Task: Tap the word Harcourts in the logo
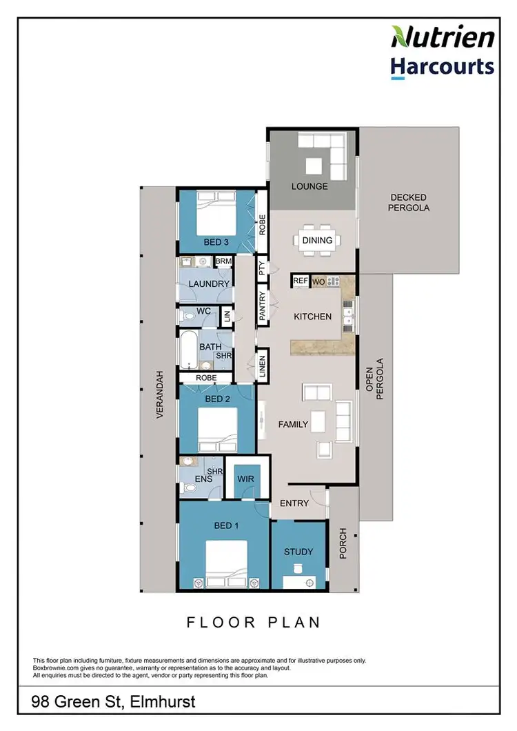(443, 66)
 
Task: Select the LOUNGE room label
(309, 186)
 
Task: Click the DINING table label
(317, 241)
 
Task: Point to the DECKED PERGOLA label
(409, 201)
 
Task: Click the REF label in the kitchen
(301, 281)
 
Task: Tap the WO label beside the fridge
(318, 281)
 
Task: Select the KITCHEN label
(313, 317)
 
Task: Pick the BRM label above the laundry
(223, 262)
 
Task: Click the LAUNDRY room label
(208, 283)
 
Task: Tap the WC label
(203, 311)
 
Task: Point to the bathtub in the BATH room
(188, 350)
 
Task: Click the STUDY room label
(298, 552)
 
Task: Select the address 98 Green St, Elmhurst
(114, 702)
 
